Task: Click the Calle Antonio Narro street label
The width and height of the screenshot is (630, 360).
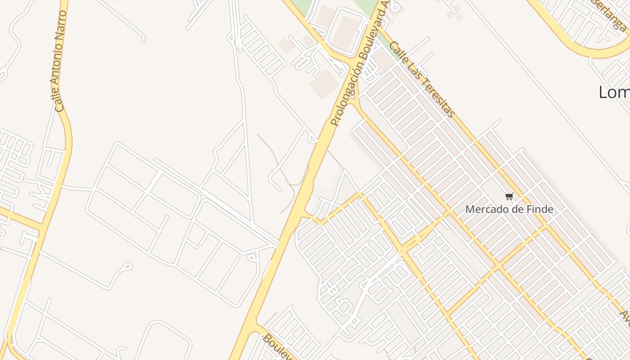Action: click(60, 61)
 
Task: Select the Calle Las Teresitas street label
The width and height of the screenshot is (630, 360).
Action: click(421, 79)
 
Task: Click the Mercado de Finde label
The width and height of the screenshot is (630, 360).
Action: click(509, 209)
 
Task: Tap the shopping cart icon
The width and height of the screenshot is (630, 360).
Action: click(509, 196)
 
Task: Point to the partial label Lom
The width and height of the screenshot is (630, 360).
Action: click(614, 92)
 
